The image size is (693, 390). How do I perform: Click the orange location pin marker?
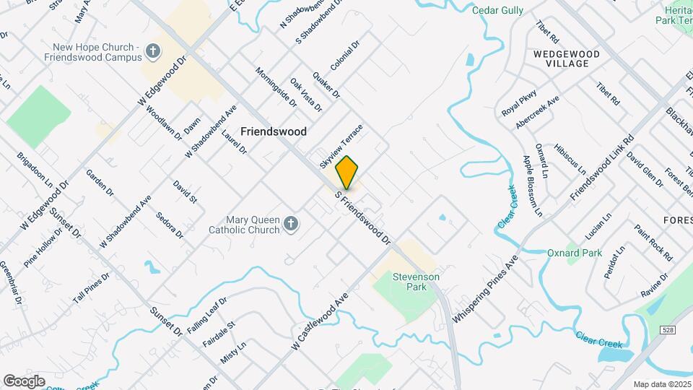point(347,172)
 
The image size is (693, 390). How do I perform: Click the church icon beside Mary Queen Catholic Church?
point(290,224)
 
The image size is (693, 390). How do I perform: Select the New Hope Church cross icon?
point(152,51)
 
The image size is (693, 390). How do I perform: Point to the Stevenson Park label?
point(416,282)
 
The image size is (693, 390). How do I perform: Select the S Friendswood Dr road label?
point(364,217)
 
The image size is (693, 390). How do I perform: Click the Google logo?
point(25,381)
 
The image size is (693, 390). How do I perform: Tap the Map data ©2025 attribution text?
point(662,384)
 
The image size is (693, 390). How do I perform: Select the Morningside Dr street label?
point(276,87)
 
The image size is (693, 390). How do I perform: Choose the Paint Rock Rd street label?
point(653,243)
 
